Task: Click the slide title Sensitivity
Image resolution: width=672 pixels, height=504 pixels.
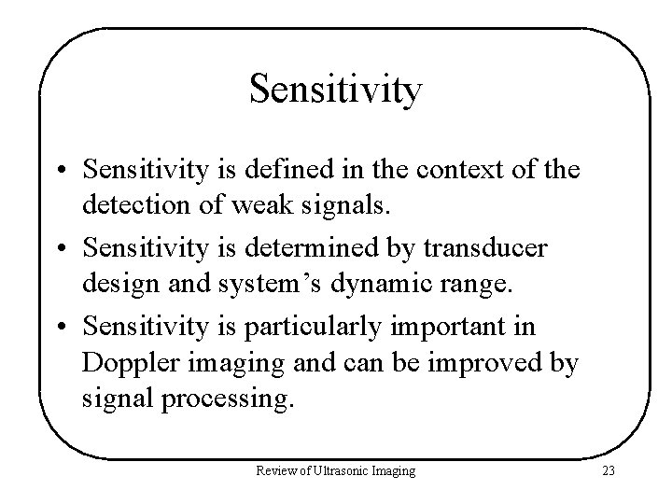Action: [x=336, y=91]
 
